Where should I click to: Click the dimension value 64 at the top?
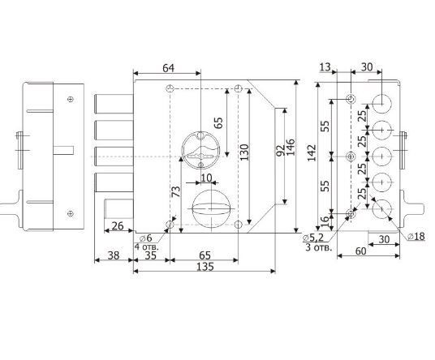pyautogui.click(x=168, y=68)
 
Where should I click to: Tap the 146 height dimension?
pyautogui.click(x=291, y=148)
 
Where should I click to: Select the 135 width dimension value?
pyautogui.click(x=205, y=267)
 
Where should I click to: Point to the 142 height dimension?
pyautogui.click(x=312, y=152)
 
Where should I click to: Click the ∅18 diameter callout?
pyautogui.click(x=416, y=236)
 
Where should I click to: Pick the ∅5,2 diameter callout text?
pyautogui.click(x=313, y=238)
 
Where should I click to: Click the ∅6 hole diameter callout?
pyautogui.click(x=146, y=238)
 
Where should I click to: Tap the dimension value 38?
pyautogui.click(x=114, y=255)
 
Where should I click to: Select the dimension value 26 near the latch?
pyautogui.click(x=117, y=226)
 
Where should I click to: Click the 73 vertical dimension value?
pyautogui.click(x=176, y=191)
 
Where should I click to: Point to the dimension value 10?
pyautogui.click(x=206, y=178)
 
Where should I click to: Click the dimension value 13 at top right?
pyautogui.click(x=325, y=67)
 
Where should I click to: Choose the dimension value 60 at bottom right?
pyautogui.click(x=360, y=251)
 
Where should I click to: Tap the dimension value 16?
pyautogui.click(x=325, y=221)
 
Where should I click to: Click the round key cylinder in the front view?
pyautogui.click(x=200, y=150)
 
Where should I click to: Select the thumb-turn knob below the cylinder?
pyautogui.click(x=211, y=208)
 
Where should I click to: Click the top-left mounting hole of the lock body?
pyautogui.click(x=170, y=89)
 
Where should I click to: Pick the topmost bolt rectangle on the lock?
pyautogui.click(x=114, y=104)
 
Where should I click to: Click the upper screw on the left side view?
pyautogui.click(x=71, y=99)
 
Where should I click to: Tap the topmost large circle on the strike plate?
pyautogui.click(x=381, y=104)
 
